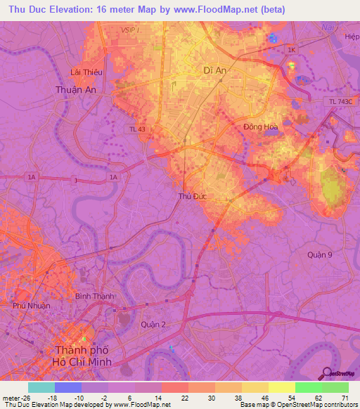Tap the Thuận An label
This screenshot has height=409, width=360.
[75, 90]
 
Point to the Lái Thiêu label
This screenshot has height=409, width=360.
[82, 72]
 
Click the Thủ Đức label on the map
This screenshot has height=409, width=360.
[193, 196]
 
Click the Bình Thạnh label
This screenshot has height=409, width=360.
[94, 297]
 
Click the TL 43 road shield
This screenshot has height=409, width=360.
[137, 129]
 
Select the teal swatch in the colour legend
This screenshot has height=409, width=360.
[41, 387]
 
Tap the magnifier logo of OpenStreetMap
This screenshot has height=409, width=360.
[326, 373]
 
